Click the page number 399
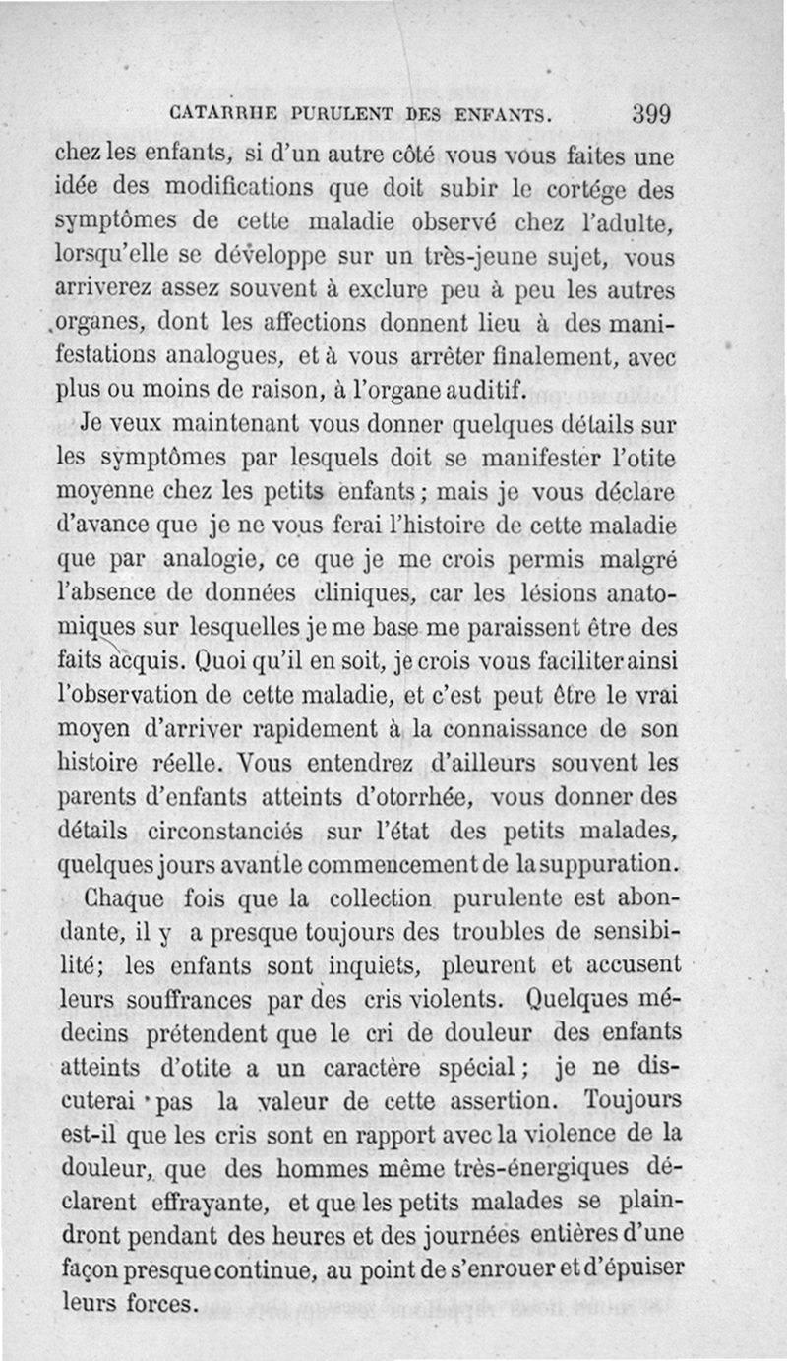[x=650, y=112]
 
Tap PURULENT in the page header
[x=337, y=114]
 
